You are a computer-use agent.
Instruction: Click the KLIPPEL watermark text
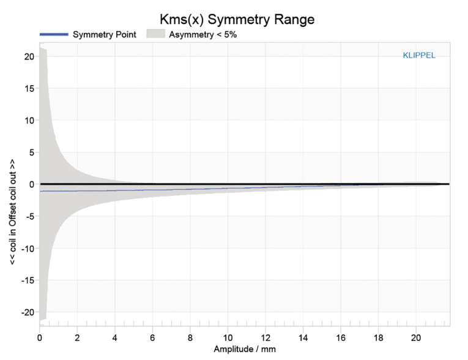pyautogui.click(x=419, y=55)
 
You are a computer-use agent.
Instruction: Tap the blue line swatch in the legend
pyautogui.click(x=53, y=34)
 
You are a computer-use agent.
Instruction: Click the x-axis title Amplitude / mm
pyautogui.click(x=244, y=349)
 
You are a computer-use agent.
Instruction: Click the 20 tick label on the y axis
pyautogui.click(x=28, y=56)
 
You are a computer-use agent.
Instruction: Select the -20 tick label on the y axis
pyautogui.click(x=26, y=312)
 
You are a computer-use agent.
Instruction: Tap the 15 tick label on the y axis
pyautogui.click(x=28, y=88)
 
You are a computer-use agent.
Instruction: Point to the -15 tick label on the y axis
pyautogui.click(x=26, y=280)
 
